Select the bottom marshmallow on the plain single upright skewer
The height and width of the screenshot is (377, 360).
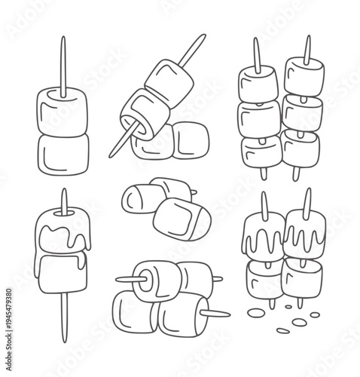click(x=63, y=154)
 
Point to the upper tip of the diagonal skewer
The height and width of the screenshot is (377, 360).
click(x=204, y=35)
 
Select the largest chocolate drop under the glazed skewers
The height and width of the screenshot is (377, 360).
click(x=299, y=322)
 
